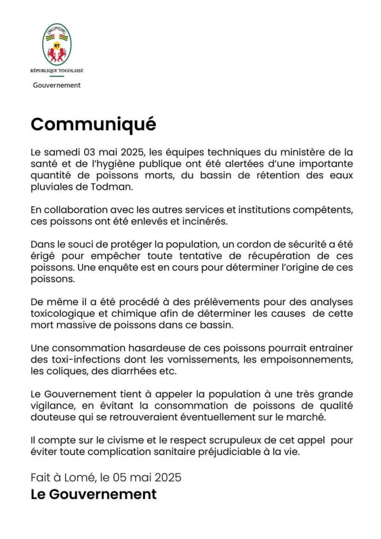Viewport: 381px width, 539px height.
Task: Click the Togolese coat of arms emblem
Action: [56, 44]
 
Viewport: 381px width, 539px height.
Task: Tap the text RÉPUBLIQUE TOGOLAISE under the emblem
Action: [56, 71]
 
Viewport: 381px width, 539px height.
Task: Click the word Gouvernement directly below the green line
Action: [56, 85]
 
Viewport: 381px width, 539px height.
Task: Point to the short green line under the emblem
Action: [56, 77]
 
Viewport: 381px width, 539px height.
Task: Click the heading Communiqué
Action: [93, 124]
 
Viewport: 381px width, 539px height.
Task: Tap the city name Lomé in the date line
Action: [81, 478]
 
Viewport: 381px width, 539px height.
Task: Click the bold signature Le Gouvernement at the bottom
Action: [94, 494]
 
